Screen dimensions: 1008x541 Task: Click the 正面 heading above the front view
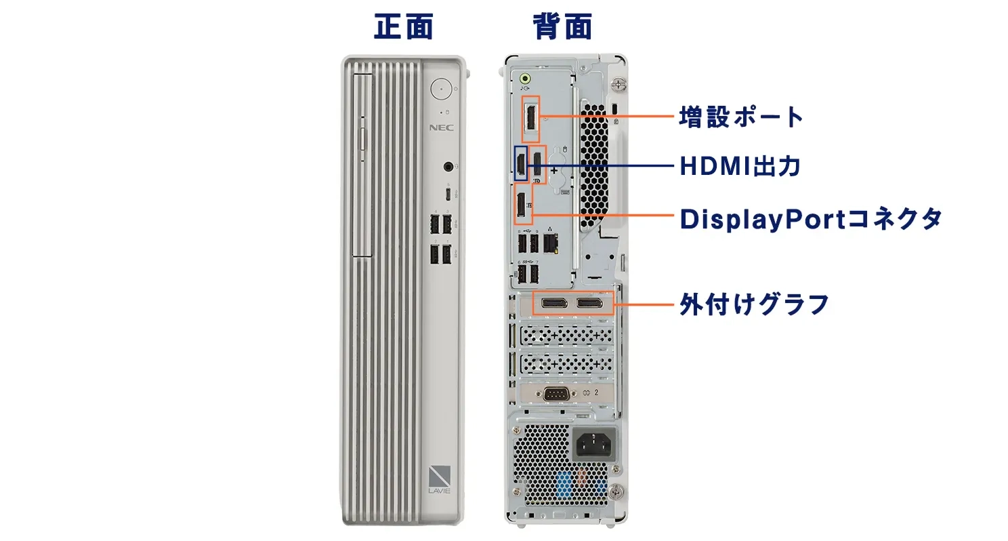point(404,26)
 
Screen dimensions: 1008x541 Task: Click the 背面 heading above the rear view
point(562,26)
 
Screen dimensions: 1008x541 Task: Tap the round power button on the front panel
point(441,89)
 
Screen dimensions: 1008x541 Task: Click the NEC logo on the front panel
point(441,128)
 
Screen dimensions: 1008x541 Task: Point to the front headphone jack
point(448,167)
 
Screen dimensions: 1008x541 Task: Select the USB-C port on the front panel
point(448,195)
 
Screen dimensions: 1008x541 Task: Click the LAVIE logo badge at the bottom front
point(439,479)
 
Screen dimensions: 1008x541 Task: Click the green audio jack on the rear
point(525,79)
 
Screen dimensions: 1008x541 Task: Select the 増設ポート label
point(741,117)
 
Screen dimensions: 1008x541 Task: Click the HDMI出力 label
point(740,166)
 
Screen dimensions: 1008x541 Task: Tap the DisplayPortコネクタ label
point(810,220)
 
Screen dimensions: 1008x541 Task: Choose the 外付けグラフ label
point(754,304)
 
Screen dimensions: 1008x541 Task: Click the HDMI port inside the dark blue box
point(521,164)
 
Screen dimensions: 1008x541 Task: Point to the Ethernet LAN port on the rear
point(551,243)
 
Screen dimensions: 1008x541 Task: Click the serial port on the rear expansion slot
point(556,394)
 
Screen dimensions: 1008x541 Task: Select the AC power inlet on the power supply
point(594,443)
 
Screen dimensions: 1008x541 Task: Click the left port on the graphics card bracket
point(554,303)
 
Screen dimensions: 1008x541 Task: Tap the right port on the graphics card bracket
point(589,303)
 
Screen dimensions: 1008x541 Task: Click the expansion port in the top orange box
point(531,119)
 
